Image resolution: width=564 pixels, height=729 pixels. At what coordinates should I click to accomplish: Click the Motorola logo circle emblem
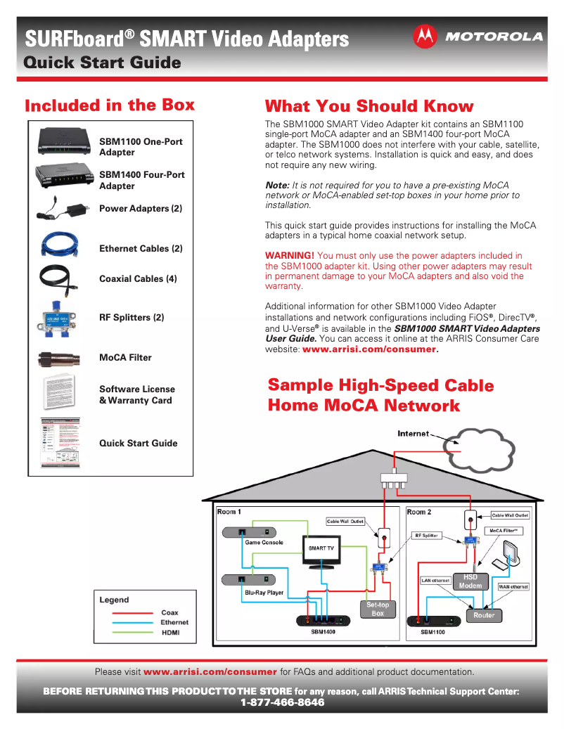pos(425,36)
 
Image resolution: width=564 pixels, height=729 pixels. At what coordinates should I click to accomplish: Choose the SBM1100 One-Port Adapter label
pos(141,147)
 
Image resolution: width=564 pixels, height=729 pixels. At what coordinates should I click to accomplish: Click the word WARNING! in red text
pos(289,255)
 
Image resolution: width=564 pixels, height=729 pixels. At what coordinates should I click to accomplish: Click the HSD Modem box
pos(470,581)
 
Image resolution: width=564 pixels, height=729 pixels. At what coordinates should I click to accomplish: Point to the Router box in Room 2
pos(484,615)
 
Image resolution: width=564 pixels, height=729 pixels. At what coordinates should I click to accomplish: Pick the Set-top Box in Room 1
pos(378,609)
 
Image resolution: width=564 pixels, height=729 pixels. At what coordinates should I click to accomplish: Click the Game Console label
pos(264,543)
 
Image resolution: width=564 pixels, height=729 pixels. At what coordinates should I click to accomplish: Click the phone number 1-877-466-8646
pos(282,702)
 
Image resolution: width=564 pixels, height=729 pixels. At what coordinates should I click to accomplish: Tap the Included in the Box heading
pos(110,105)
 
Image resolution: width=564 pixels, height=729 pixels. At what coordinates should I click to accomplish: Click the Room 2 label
pos(419,512)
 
